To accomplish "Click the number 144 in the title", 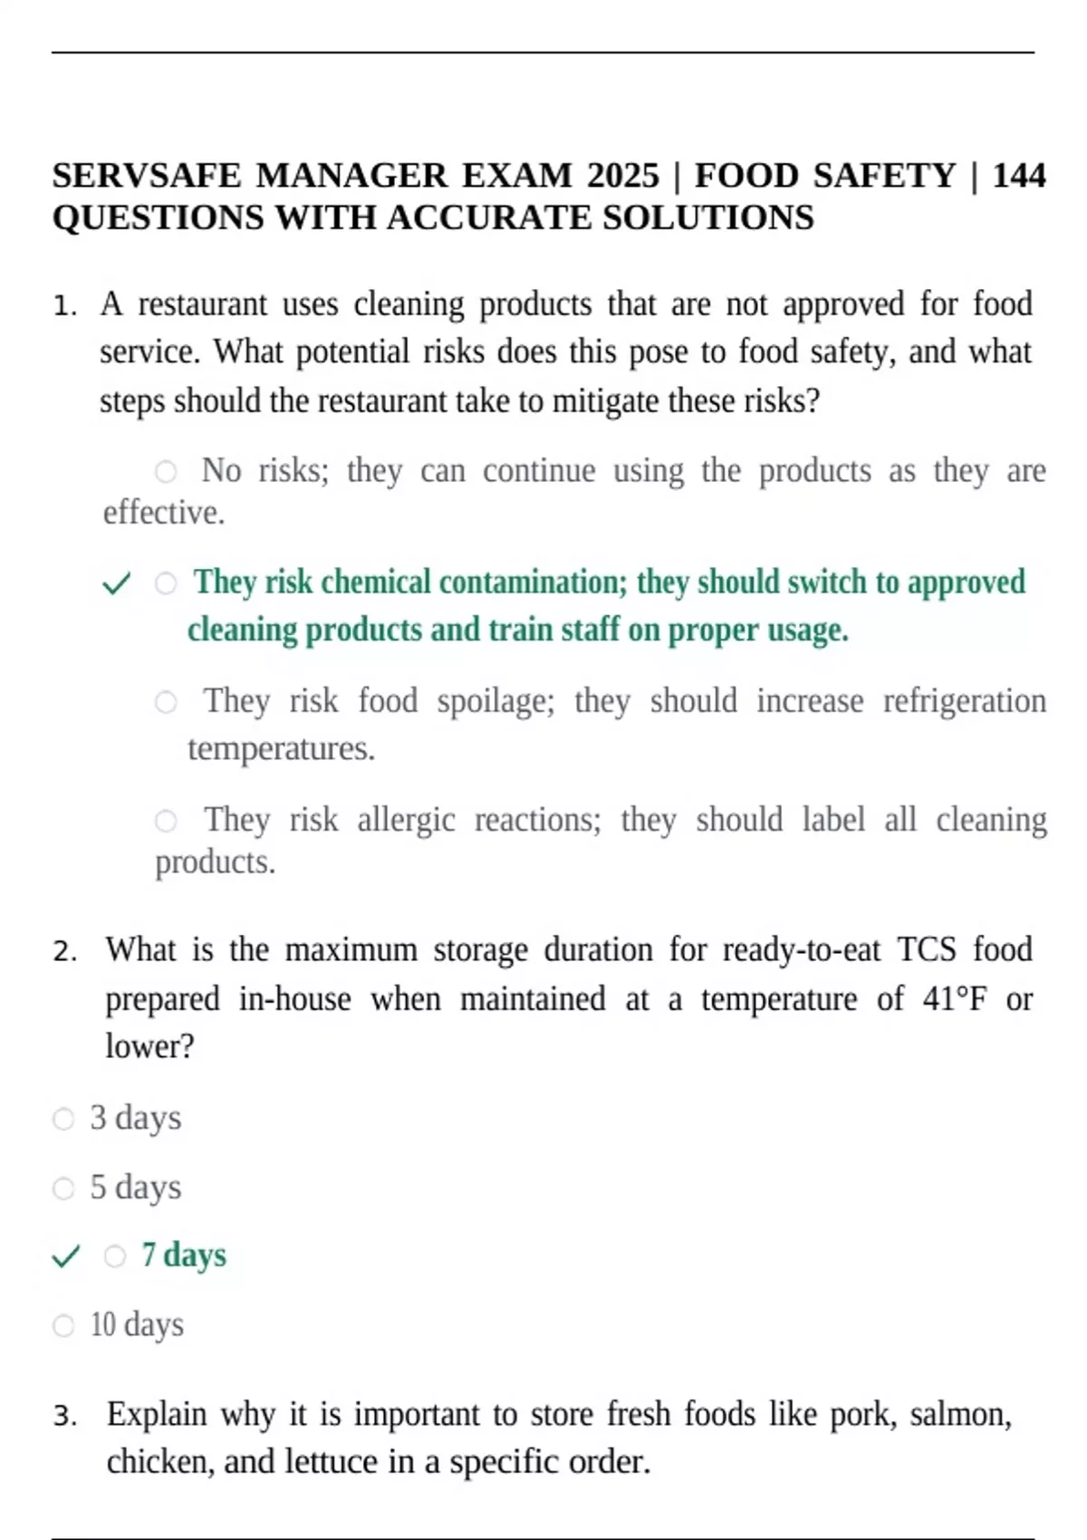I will (x=1019, y=175).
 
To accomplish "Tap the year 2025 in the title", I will (x=622, y=175).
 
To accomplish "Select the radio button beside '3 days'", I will (x=63, y=1119).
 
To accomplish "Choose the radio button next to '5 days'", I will (x=63, y=1188).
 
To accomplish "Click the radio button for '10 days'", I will (x=63, y=1326).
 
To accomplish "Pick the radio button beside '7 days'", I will (x=115, y=1256).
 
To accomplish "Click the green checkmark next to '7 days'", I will (x=66, y=1256).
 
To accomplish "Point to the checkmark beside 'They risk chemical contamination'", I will (x=117, y=583).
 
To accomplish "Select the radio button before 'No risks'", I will (x=166, y=471).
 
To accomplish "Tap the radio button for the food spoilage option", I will (x=166, y=701).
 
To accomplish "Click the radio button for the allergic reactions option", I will (x=166, y=821).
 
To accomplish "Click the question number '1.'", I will (x=65, y=305).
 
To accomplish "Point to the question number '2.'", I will (x=65, y=951).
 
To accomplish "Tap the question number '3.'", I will (x=65, y=1415).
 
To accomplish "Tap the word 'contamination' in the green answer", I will (x=533, y=582).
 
